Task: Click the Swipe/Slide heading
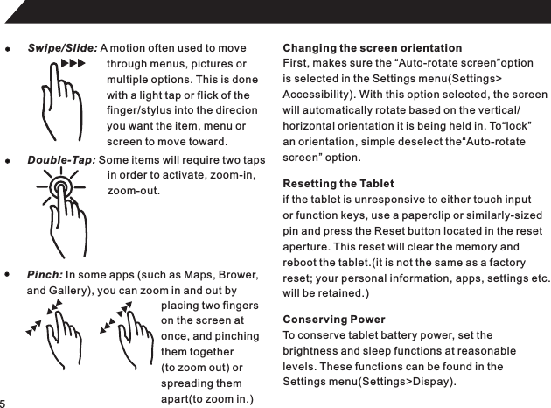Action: (x=63, y=46)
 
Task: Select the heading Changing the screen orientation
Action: (x=373, y=47)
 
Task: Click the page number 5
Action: (x=3, y=402)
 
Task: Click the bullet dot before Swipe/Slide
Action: (x=8, y=47)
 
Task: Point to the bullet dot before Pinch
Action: (x=8, y=274)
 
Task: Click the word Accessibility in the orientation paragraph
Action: (x=316, y=95)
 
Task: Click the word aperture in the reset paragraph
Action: (x=309, y=248)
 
